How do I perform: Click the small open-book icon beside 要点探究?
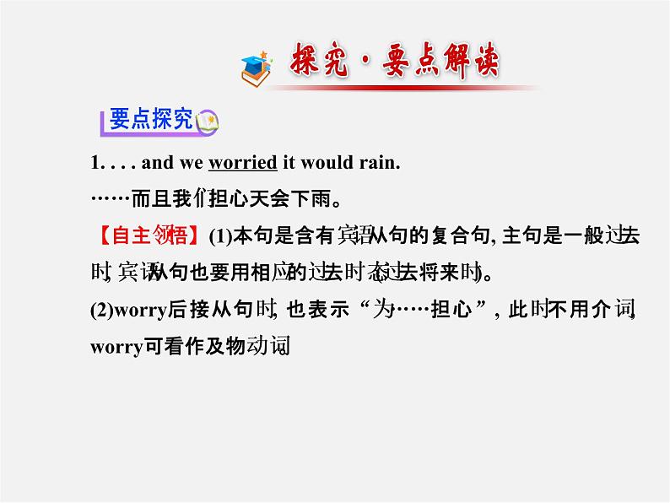[207, 124]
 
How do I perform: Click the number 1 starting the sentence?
[95, 163]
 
